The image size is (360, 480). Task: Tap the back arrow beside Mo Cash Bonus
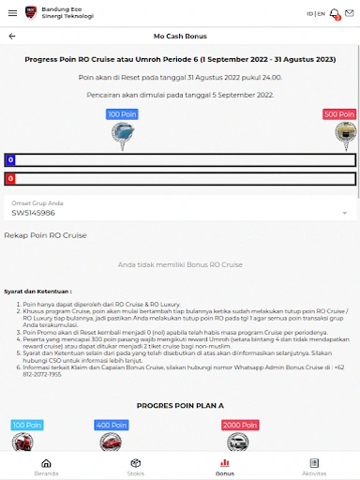12,36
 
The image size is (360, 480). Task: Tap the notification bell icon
333,13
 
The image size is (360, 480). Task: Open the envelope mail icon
350,13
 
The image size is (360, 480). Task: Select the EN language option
321,14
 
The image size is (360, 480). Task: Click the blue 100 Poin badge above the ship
121,114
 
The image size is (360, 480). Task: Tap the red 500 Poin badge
339,114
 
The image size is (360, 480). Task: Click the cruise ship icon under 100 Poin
121,135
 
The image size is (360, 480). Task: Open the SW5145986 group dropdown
179,213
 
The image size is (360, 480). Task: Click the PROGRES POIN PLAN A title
179,406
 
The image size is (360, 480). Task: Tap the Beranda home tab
45,467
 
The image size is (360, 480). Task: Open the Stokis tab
135,467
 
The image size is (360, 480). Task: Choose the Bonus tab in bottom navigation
225,467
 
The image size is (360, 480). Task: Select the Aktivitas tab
314,467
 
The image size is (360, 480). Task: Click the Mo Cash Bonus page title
180,36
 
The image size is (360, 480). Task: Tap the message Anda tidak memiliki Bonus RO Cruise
179,266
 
